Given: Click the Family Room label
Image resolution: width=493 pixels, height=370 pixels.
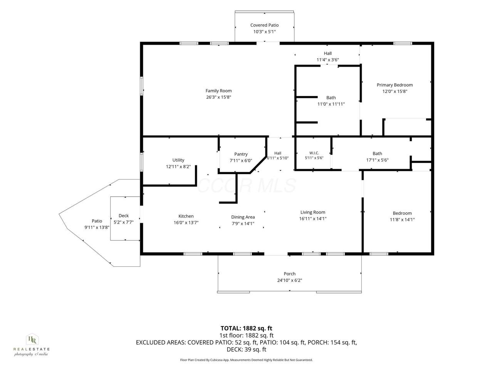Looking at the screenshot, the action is (x=218, y=91).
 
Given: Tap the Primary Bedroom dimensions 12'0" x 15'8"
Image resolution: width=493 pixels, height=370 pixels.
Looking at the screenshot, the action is (x=395, y=91).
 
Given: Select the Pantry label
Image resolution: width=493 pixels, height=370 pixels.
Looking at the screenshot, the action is (x=241, y=154).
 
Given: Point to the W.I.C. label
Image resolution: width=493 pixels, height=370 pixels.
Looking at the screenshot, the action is (x=314, y=153).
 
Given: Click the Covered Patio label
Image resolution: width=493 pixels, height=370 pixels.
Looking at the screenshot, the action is (x=264, y=25).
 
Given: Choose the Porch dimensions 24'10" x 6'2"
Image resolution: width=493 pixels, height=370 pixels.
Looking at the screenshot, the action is (x=290, y=280).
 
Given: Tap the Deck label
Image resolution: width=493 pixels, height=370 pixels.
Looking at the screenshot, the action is (x=124, y=216).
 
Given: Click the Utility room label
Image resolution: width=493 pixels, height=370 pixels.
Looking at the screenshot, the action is (x=178, y=160).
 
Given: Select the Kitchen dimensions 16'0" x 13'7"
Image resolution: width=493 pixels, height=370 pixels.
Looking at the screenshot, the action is (x=186, y=223).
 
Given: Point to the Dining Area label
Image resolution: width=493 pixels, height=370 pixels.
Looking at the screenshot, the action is (x=243, y=217).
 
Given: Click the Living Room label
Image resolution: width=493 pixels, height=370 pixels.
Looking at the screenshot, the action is (x=313, y=212).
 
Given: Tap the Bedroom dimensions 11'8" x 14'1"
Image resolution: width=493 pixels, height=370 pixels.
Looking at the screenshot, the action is (x=402, y=220).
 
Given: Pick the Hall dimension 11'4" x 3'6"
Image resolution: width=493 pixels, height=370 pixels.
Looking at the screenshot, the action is (x=328, y=60).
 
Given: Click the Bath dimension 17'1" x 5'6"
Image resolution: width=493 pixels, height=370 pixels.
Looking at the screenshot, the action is (x=377, y=160).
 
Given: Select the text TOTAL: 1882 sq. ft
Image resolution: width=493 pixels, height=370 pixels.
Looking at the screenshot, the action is (x=246, y=328).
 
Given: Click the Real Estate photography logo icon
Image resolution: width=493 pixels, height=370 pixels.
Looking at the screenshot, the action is (x=32, y=339).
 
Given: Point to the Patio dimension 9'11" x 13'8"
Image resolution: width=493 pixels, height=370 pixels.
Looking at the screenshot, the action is (x=97, y=227).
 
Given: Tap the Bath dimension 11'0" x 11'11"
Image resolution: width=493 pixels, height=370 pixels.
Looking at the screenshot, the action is (x=331, y=104).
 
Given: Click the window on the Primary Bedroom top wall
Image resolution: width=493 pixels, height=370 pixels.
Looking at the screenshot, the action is (x=402, y=43).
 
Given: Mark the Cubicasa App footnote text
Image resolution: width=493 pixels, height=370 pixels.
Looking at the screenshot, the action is (x=246, y=360).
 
